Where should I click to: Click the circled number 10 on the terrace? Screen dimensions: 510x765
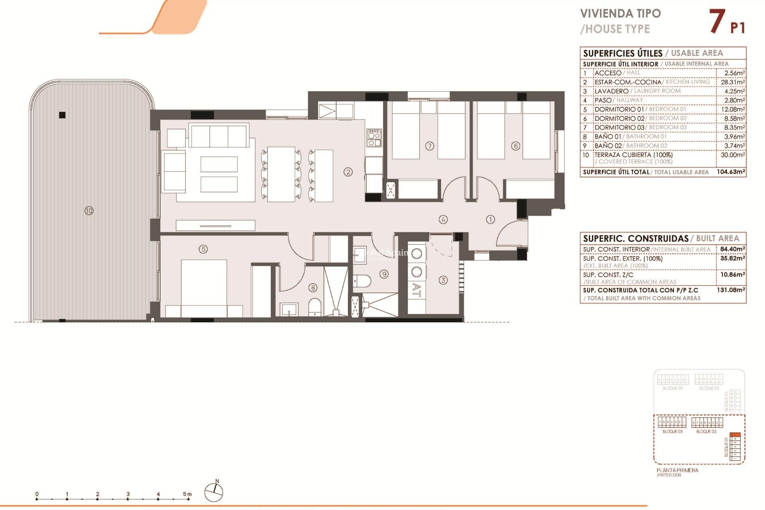[x=89, y=210]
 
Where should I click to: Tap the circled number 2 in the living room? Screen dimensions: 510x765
[x=348, y=172]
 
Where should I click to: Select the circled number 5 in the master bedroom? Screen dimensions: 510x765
[x=203, y=249]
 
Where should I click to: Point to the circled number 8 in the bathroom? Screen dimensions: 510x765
[x=313, y=287]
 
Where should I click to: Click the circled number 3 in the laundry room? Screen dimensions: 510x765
[x=443, y=280]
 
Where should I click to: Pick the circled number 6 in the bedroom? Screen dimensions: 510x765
[x=516, y=146]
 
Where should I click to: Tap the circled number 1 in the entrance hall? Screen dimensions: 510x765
[x=490, y=219]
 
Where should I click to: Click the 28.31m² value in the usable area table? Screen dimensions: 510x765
[x=732, y=82]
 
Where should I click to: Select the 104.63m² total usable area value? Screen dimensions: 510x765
[x=731, y=172]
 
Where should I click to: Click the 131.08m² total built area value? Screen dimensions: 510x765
[x=731, y=290]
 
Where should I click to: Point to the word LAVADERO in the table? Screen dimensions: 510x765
[x=611, y=91]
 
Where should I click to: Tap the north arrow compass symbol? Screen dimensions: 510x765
[x=214, y=492]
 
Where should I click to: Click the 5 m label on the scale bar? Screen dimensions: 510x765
[x=187, y=494]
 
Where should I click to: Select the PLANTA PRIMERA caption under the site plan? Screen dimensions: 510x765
[x=677, y=470]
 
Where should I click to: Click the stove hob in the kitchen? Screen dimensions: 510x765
[x=374, y=138]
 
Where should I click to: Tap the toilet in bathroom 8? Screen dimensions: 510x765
[x=315, y=307]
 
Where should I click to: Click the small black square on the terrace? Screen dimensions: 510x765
[x=62, y=115]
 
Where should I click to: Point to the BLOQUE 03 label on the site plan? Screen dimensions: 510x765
[x=672, y=432]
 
